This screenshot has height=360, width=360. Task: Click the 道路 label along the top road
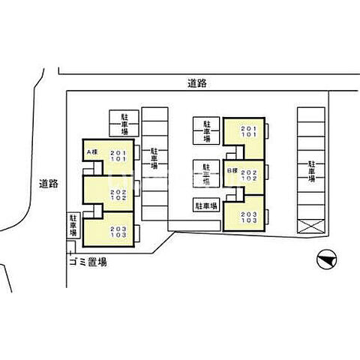point(198,85)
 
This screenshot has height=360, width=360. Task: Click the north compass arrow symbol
point(325,259)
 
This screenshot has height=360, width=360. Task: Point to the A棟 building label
point(93,152)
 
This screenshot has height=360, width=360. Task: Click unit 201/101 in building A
point(120,157)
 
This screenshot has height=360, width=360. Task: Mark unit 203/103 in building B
point(250,217)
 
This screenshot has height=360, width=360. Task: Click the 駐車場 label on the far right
point(310,172)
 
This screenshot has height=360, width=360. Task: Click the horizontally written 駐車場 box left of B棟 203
point(205,205)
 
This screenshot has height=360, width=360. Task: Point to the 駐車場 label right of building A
point(154,159)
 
